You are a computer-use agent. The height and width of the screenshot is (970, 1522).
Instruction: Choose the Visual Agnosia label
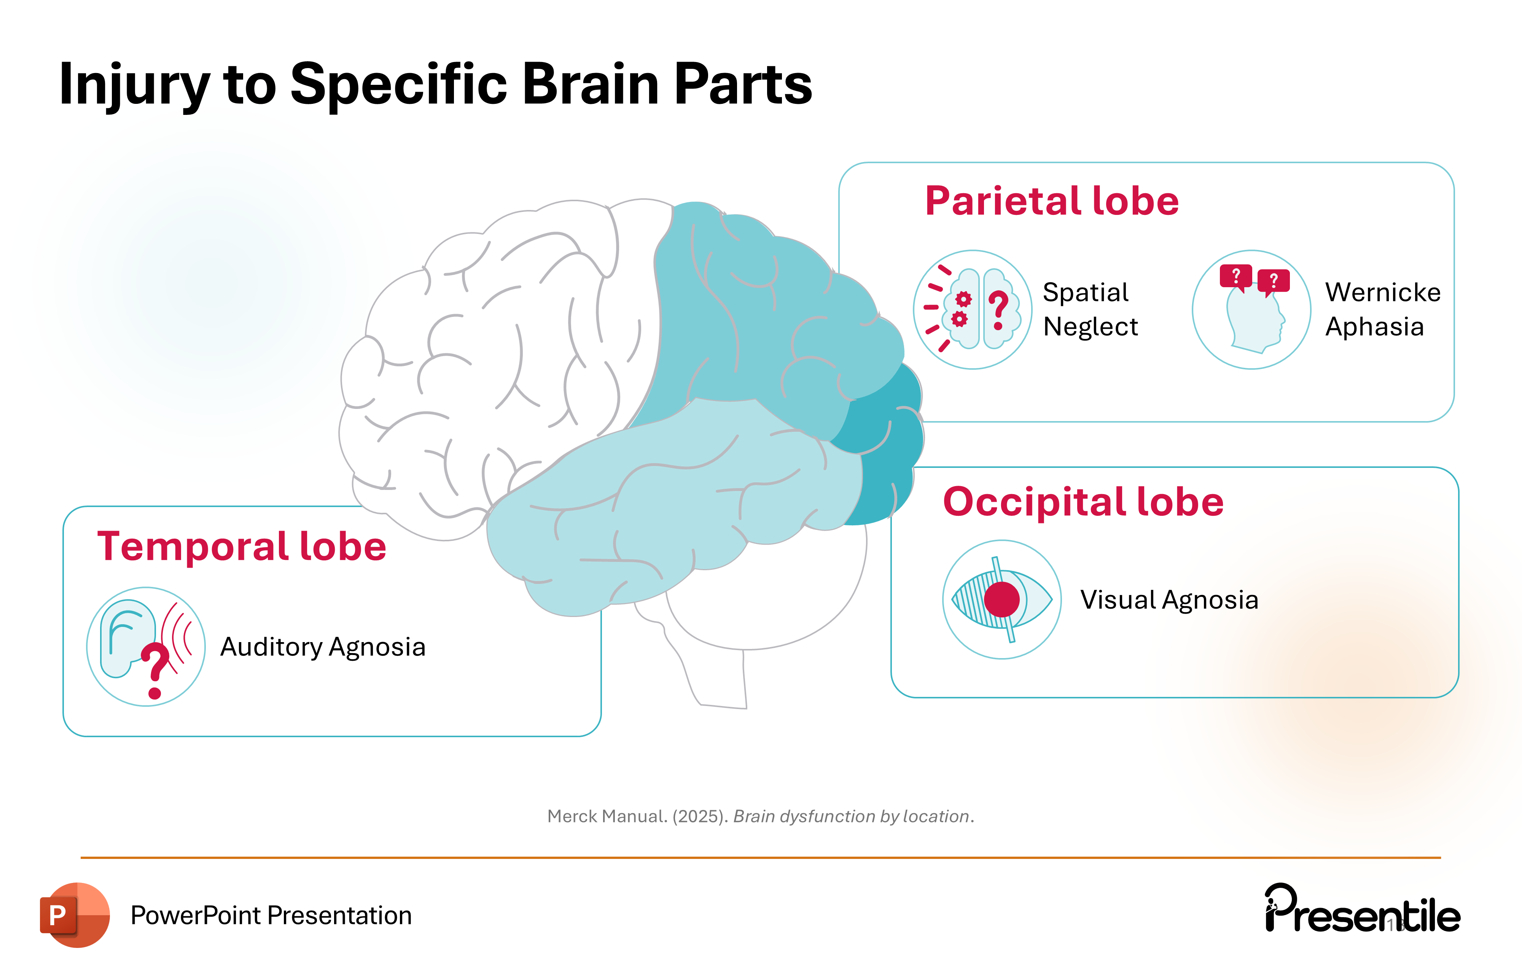click(1169, 600)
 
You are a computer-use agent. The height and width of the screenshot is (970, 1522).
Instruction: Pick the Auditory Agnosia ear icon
click(145, 646)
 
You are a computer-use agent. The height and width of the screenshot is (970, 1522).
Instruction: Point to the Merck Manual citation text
click(760, 816)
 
